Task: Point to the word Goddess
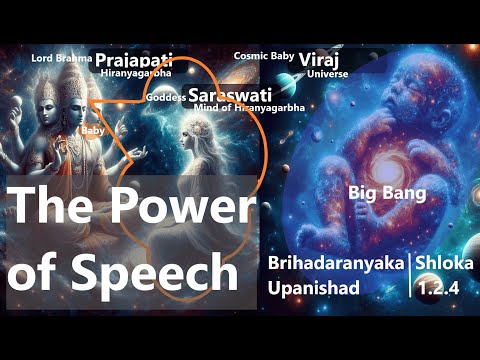click(165, 97)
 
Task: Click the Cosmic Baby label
click(263, 57)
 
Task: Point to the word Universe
click(329, 73)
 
